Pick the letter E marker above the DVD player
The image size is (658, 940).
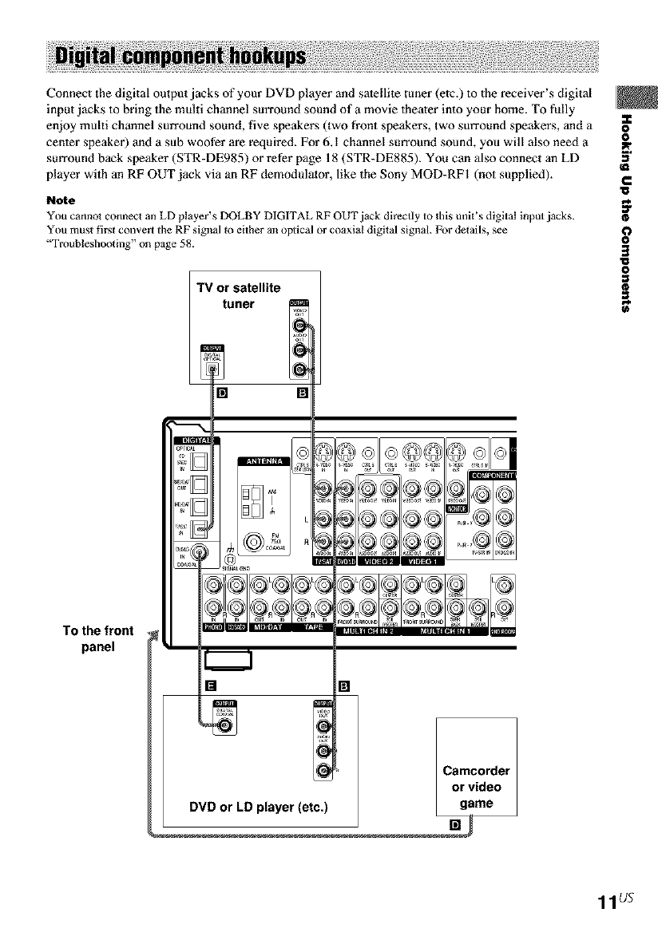tap(211, 685)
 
